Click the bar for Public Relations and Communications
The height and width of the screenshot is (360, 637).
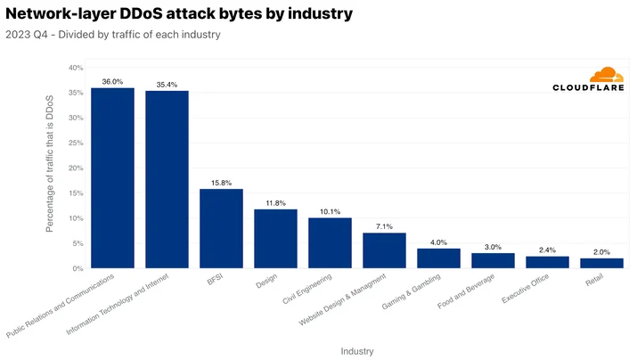point(112,178)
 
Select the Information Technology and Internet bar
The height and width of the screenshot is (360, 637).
point(167,179)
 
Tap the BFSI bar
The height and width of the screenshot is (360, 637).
point(222,228)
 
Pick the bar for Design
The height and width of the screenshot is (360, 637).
point(275,239)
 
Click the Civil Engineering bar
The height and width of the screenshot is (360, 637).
point(330,243)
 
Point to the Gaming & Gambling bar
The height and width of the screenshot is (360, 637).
point(438,258)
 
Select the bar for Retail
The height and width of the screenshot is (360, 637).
point(601,263)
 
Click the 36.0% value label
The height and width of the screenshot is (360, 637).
point(112,82)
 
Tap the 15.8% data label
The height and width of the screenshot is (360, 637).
point(222,183)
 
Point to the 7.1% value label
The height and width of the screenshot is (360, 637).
point(384,226)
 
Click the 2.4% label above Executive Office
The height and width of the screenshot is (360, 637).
point(547,250)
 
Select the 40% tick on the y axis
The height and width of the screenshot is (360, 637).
point(76,68)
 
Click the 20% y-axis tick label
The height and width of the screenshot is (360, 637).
point(76,168)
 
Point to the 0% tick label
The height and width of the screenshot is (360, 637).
point(78,268)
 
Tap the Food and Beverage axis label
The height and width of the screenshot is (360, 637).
point(466,291)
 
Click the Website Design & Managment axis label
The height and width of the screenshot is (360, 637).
point(342,300)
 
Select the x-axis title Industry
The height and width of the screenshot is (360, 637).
point(357,351)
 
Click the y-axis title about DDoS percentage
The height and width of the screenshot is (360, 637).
point(50,164)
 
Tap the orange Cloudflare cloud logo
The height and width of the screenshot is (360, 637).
point(607,75)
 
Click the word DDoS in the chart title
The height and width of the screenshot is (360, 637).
point(141,13)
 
